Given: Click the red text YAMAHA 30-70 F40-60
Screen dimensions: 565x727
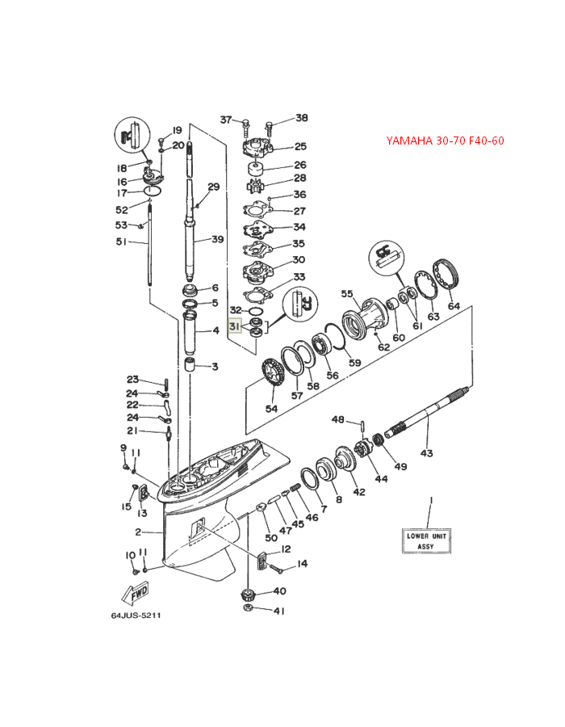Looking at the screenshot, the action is click(x=445, y=141).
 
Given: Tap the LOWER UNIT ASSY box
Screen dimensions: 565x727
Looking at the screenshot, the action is click(x=426, y=541).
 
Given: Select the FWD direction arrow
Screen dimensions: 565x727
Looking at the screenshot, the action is click(x=136, y=594).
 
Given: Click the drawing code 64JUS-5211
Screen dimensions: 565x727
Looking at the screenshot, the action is click(x=136, y=616).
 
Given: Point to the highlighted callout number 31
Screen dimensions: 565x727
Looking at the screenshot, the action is click(x=235, y=327).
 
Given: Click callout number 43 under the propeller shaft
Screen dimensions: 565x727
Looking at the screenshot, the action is click(x=426, y=452).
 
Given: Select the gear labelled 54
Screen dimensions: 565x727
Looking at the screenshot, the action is click(x=272, y=375).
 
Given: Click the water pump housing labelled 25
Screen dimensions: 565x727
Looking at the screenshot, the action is click(x=257, y=144).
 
